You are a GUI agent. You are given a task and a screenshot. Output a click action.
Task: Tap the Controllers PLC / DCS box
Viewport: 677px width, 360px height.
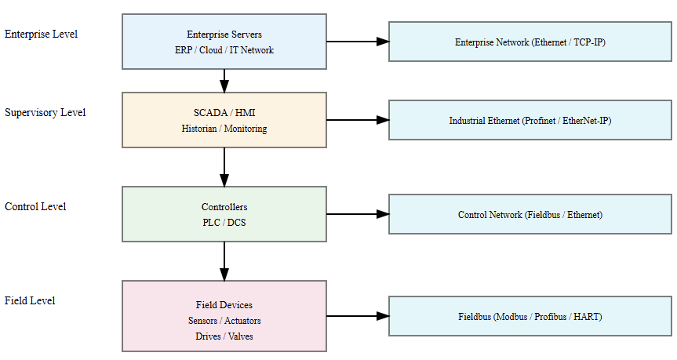[x=224, y=214]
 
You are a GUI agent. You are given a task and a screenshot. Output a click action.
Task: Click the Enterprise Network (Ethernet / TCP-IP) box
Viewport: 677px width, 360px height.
[x=530, y=42]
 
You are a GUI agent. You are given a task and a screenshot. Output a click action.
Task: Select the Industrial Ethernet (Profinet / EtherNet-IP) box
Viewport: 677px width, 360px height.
[x=530, y=120]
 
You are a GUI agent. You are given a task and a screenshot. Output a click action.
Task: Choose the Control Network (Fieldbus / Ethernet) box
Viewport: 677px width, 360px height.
[x=530, y=214]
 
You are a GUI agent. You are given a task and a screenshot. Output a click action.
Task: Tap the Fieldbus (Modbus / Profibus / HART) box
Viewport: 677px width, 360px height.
[x=530, y=316]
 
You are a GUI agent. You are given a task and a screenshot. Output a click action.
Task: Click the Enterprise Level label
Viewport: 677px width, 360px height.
[x=41, y=34]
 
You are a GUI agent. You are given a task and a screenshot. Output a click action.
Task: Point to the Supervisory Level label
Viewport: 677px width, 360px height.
[x=45, y=112]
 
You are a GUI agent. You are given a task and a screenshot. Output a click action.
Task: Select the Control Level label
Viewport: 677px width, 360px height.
[x=35, y=206]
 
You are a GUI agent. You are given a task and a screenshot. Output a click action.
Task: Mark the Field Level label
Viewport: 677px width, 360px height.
[x=29, y=300]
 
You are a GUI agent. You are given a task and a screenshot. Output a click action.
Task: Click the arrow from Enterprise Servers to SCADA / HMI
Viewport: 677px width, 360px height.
[x=224, y=81]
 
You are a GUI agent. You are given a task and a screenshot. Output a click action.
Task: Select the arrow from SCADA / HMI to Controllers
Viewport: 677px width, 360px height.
[x=224, y=167]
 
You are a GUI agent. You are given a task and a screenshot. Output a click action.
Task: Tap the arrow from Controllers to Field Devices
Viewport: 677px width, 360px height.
[x=224, y=261]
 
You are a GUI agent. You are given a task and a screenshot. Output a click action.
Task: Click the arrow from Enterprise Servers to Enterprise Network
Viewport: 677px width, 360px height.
[x=357, y=42]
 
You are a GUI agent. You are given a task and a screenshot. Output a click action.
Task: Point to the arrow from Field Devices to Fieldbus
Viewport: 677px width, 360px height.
[x=357, y=316]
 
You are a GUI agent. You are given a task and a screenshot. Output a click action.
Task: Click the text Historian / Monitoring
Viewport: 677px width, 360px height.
[x=224, y=129]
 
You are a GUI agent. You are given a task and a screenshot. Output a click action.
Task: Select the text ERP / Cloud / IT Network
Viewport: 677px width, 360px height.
[x=224, y=49]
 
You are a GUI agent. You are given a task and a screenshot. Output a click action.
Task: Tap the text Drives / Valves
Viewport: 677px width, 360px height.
[x=224, y=336]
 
